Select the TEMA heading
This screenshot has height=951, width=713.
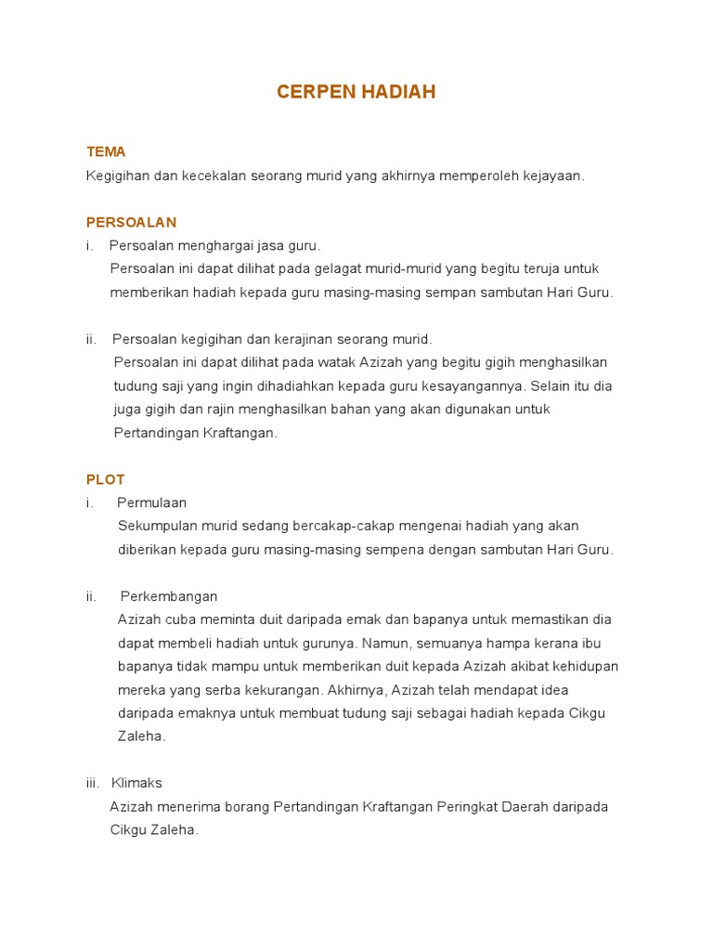[x=106, y=151]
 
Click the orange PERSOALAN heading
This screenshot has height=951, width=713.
[x=131, y=222]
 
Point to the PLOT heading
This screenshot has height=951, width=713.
[x=105, y=479]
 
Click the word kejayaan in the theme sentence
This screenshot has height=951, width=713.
[x=557, y=176]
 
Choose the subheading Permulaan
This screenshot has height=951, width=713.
[x=152, y=502]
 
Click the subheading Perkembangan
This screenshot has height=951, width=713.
[x=167, y=596]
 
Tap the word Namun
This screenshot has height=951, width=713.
[x=382, y=643]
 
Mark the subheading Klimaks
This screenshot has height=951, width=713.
[x=136, y=783]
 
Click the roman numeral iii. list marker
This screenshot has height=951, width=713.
[x=94, y=783]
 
